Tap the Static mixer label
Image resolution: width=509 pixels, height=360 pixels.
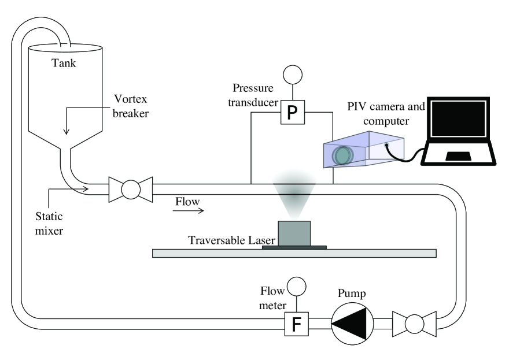coord(47,221)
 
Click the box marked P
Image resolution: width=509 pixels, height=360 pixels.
coord(292,113)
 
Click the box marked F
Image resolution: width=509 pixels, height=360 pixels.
coord(296,325)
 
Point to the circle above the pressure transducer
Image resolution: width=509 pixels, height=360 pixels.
coord(292,76)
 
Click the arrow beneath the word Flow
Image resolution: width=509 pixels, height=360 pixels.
coord(189,211)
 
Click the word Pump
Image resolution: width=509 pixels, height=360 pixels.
coord(352,293)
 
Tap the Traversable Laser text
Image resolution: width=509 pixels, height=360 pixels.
coord(224,239)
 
